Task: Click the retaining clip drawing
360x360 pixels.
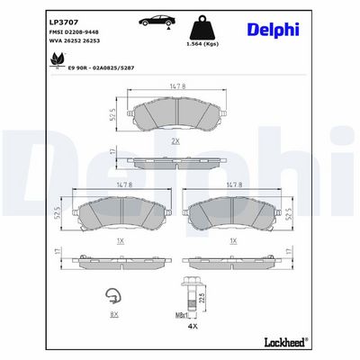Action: click(112, 294)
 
